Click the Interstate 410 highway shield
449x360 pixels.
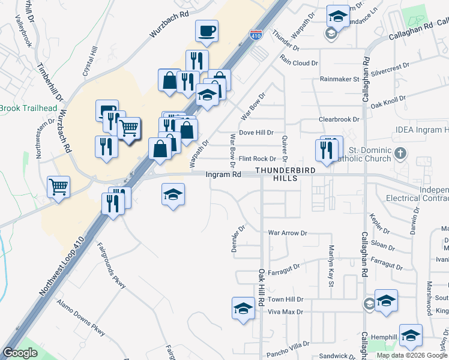256,37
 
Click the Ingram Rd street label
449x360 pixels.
223,174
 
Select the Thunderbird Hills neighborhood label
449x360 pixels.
285,174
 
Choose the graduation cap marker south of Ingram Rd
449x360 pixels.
173,194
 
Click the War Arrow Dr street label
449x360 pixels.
288,232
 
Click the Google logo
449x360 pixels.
20,353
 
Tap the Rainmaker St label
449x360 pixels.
339,79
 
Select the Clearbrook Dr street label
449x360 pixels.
339,119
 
